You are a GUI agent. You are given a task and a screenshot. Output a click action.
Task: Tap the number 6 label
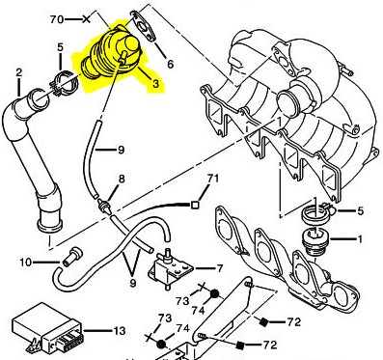click(170, 64)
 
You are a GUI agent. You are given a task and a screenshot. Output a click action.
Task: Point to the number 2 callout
click(18, 72)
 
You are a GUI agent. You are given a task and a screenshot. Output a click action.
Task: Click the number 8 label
click(123, 180)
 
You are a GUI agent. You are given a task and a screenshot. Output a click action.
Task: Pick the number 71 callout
click(213, 179)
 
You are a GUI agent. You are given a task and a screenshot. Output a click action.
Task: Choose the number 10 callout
click(26, 262)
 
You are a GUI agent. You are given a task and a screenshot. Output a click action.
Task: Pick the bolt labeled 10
click(69, 259)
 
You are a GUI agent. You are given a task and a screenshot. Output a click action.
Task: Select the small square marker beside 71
click(195, 205)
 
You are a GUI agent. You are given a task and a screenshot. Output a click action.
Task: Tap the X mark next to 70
click(90, 18)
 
